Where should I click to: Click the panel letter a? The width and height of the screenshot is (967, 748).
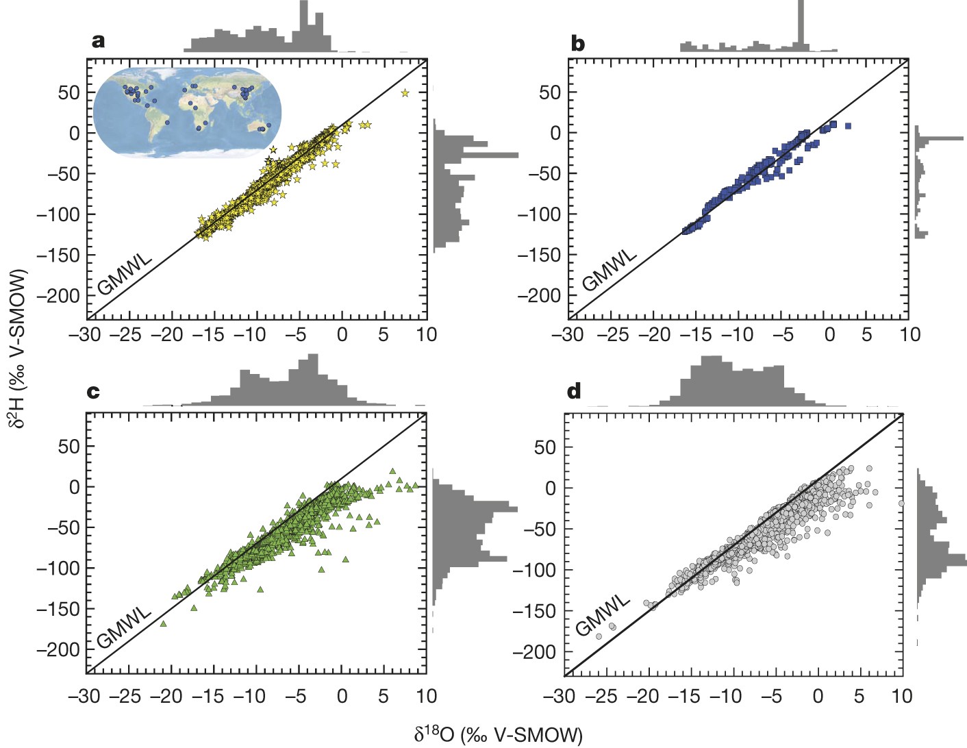[98, 41]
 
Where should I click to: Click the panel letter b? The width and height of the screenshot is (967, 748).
[577, 44]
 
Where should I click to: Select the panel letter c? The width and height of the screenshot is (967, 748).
[93, 392]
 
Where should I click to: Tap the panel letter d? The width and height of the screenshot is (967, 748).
[574, 391]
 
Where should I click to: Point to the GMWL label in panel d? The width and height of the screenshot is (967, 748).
[602, 614]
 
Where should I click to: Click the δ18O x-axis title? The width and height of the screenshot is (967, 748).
[498, 734]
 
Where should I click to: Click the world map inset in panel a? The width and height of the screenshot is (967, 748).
[187, 112]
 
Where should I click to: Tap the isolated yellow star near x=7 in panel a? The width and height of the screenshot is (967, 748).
[405, 93]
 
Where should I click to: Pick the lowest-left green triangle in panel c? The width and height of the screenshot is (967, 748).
[163, 623]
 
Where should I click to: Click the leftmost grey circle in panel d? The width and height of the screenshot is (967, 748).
[599, 636]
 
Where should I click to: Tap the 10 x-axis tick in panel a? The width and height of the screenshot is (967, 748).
[426, 334]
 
